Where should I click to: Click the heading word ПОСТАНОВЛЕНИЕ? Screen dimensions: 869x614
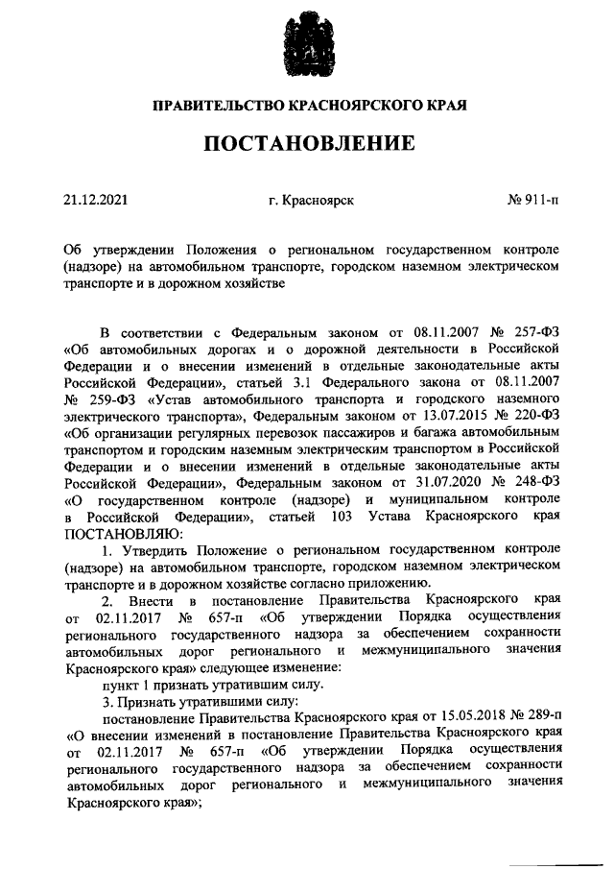pos(307,145)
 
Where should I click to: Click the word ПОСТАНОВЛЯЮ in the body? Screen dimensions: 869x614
pos(122,534)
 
